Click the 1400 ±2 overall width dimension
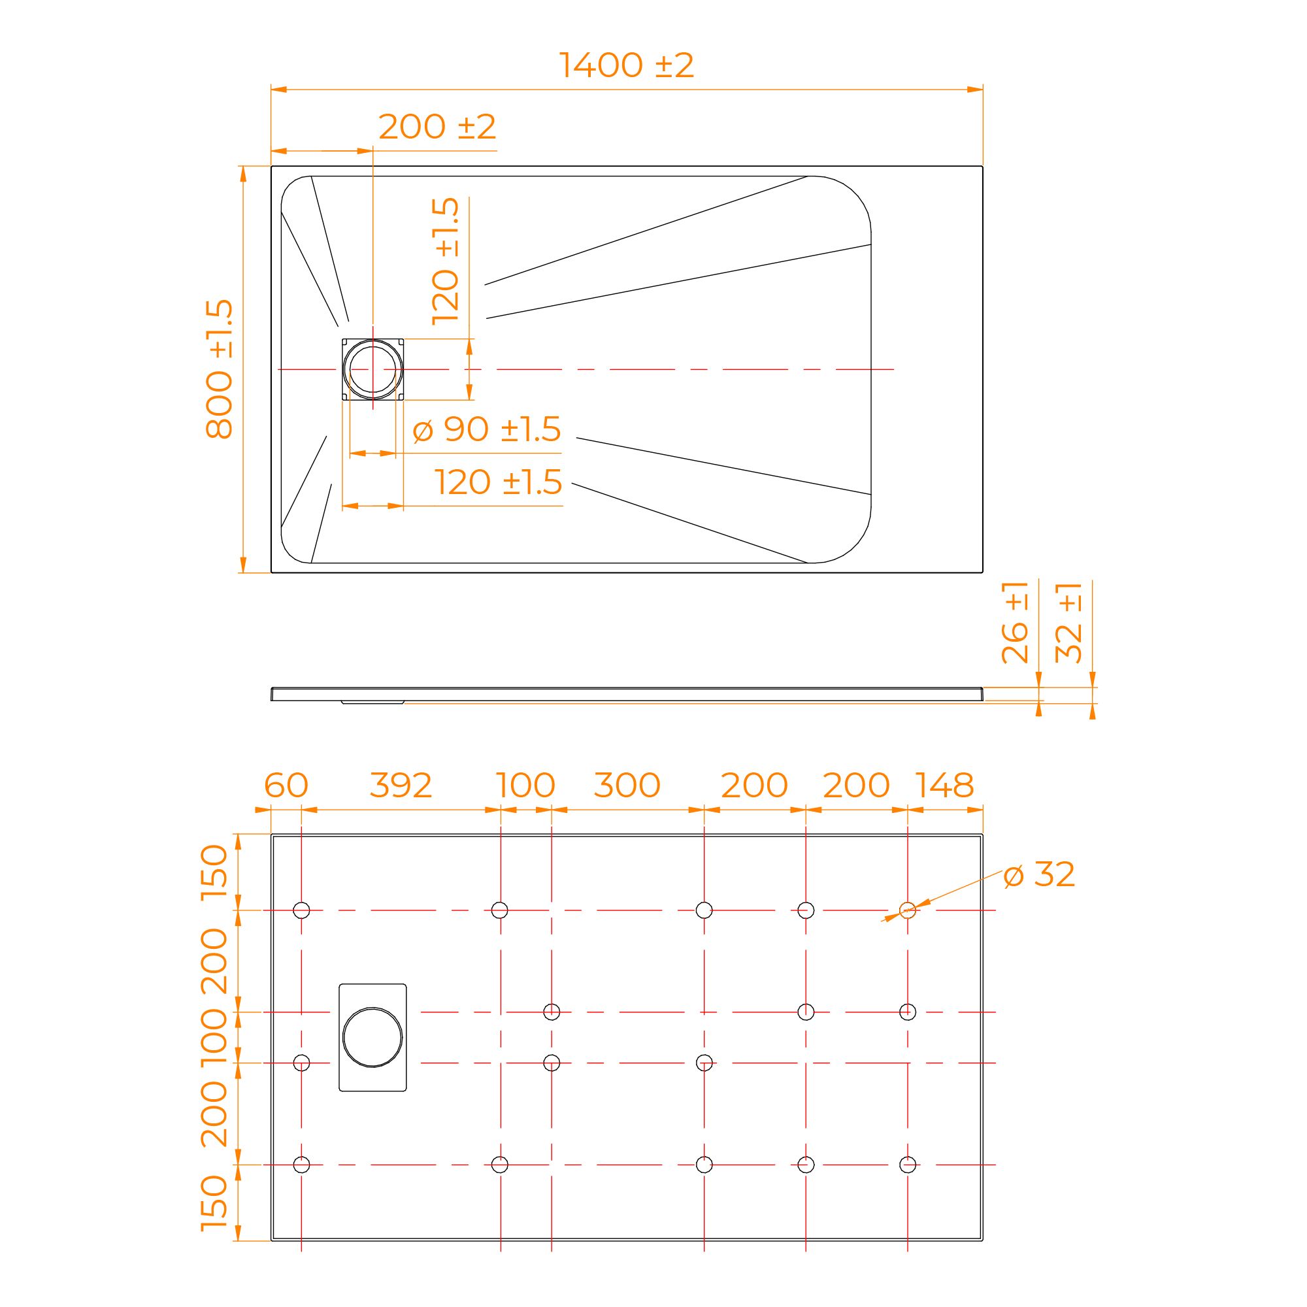[627, 65]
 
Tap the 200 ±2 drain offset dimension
[437, 127]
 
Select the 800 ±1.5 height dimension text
[219, 369]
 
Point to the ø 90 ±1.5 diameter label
[486, 429]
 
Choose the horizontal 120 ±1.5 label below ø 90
[499, 482]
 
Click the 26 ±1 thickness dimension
[1015, 622]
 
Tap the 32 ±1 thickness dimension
[1070, 622]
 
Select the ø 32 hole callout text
[1039, 875]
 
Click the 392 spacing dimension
[401, 786]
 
